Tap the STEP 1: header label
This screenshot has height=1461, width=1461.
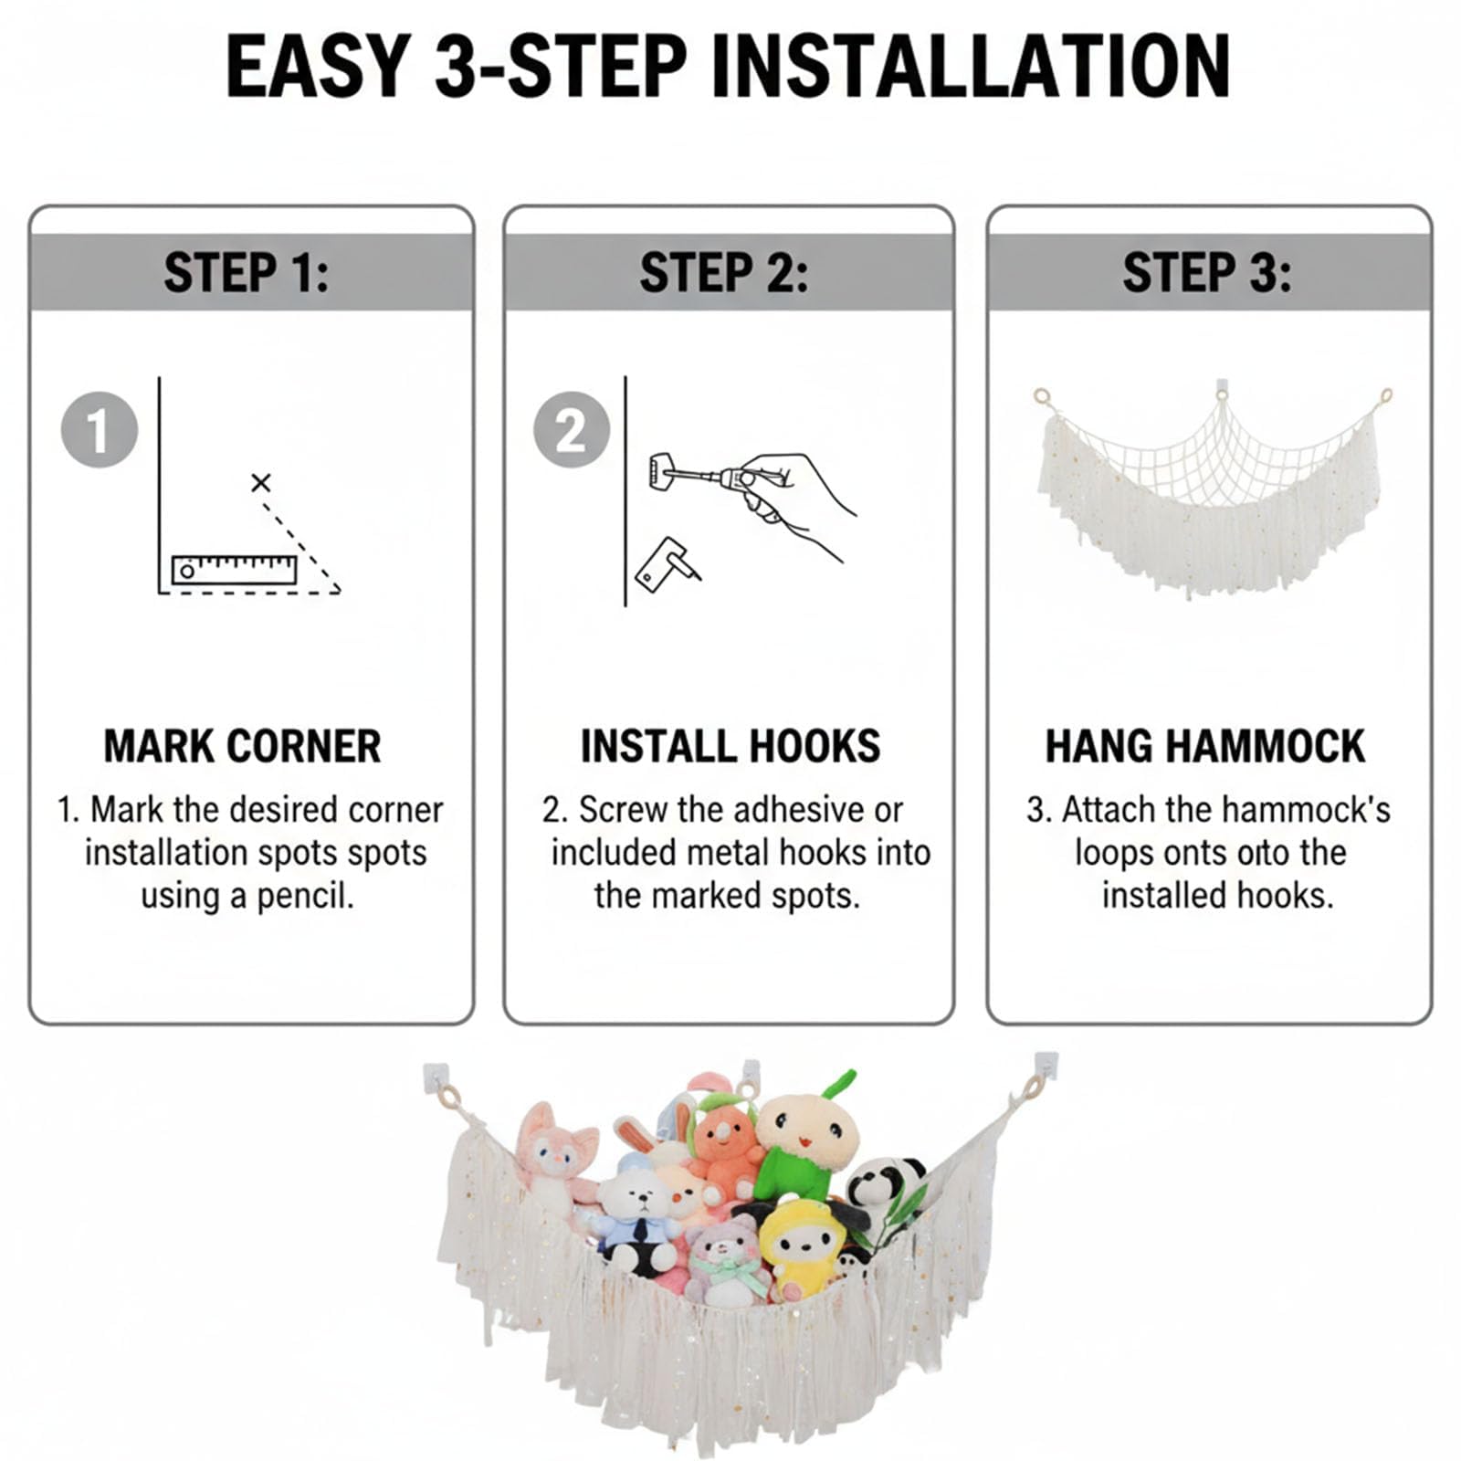point(247,272)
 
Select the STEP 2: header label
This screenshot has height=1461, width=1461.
point(724,272)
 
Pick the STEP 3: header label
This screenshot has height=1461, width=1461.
point(1207,272)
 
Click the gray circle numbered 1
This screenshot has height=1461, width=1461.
point(100,430)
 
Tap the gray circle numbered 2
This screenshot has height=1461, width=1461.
point(572,430)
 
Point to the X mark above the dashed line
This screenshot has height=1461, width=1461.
point(261,482)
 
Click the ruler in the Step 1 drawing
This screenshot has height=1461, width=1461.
point(235,570)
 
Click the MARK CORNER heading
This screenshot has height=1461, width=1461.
point(242,746)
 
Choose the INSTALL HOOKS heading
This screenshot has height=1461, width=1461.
point(730,746)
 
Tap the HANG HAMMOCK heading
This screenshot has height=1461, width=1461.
point(1205,746)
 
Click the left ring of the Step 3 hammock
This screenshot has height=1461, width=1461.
point(1042,397)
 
